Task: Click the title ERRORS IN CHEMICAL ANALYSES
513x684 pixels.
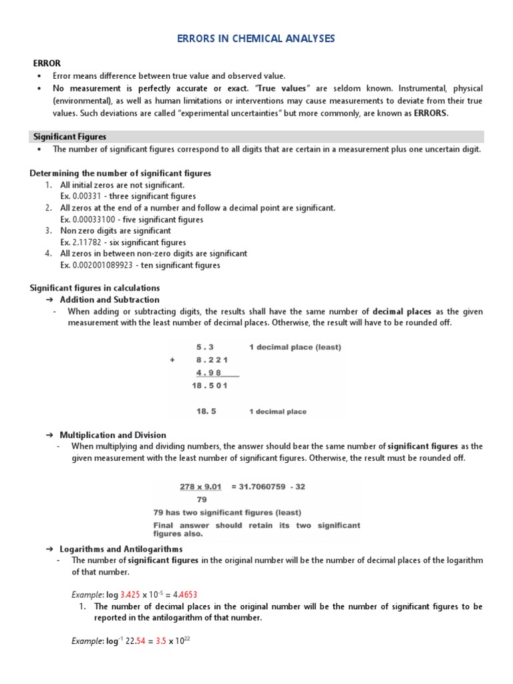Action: coord(256,39)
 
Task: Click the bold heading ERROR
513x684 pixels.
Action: coord(47,63)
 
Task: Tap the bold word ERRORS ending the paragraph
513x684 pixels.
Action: coord(432,114)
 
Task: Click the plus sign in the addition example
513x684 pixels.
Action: coord(172,359)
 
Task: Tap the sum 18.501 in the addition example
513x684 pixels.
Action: coord(210,385)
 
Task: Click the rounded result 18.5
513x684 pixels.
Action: coord(206,411)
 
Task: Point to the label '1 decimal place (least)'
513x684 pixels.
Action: coord(295,347)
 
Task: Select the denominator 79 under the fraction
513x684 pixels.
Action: coord(202,499)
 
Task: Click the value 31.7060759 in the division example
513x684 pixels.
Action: coord(261,487)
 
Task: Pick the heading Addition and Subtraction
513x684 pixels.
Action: coord(110,300)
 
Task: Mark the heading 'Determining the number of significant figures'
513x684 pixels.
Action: coord(120,174)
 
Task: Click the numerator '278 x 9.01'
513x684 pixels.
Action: coord(200,487)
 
